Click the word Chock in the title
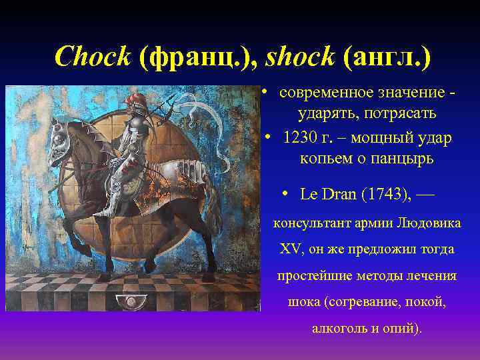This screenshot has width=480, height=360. [x=92, y=57]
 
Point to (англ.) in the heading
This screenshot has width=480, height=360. [x=387, y=57]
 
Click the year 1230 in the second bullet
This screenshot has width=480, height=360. [x=299, y=138]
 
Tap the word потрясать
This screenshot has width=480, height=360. [x=404, y=113]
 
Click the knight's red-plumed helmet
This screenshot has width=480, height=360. [x=139, y=106]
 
